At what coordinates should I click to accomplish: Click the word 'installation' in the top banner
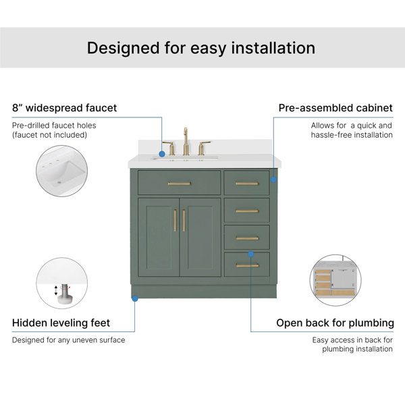273,48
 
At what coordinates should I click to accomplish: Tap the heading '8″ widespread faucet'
64,108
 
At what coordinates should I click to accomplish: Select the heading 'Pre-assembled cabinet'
335,108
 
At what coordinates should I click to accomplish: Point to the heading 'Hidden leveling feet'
61,323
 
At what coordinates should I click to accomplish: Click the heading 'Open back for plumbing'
335,323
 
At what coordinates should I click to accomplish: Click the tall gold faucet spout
186,141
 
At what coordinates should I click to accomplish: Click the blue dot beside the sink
162,154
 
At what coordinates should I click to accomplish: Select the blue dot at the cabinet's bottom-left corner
135,298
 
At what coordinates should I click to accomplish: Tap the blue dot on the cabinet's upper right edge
273,180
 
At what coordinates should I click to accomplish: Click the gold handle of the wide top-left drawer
180,184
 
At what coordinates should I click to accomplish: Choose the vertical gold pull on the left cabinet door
175,220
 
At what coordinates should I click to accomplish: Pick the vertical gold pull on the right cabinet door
184,220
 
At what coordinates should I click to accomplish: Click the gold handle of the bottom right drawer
247,265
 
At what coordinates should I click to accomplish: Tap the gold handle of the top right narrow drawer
247,184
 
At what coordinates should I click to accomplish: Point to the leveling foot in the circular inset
64,294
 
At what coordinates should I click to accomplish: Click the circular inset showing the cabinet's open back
335,280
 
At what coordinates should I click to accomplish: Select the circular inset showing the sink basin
61,171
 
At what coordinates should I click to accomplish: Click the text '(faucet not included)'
49,135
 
